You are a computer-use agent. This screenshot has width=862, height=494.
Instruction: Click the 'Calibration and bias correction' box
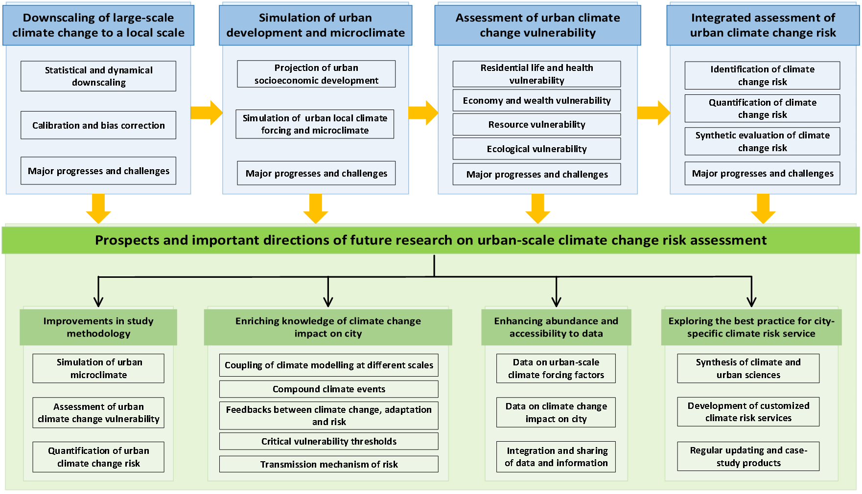(x=98, y=125)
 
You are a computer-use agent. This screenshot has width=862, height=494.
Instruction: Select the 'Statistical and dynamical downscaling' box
(x=98, y=76)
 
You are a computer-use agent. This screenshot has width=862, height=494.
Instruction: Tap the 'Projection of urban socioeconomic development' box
(x=316, y=74)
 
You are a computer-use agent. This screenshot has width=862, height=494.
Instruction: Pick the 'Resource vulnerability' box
(x=536, y=124)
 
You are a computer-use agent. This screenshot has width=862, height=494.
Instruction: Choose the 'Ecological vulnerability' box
(x=536, y=149)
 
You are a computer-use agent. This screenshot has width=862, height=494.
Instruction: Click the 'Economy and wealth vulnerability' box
(x=536, y=100)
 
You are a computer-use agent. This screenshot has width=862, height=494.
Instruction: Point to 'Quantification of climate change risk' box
(x=762, y=109)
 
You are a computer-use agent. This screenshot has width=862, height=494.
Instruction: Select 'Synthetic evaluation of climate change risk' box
(x=762, y=141)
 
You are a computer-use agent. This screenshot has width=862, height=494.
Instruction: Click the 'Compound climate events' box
(x=329, y=389)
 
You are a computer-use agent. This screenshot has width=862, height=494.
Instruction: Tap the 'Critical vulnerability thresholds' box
(x=329, y=441)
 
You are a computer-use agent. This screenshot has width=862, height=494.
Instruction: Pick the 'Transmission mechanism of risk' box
(x=329, y=464)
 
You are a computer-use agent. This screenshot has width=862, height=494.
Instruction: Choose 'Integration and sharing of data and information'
(x=556, y=457)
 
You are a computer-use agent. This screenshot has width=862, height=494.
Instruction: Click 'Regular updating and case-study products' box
(x=748, y=456)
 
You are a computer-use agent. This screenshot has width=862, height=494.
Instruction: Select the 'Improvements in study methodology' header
(x=98, y=327)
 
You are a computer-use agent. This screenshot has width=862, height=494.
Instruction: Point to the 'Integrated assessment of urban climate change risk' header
(x=763, y=25)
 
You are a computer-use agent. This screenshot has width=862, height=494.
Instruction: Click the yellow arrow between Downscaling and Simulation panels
(x=207, y=113)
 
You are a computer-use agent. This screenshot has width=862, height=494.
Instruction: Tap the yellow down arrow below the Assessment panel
(x=538, y=209)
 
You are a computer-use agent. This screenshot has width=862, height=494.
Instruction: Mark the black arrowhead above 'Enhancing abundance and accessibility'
(x=556, y=300)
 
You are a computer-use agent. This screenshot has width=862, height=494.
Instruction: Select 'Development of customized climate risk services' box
(x=748, y=412)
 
